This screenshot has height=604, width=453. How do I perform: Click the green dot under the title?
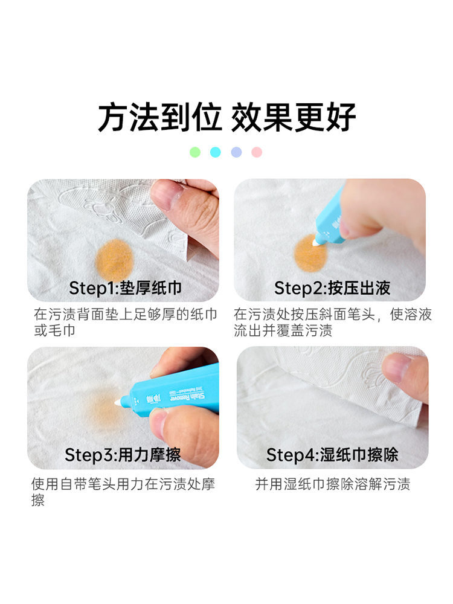point(195,152)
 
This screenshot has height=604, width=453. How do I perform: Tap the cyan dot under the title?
point(216,152)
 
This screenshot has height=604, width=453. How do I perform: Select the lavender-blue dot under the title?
point(237,152)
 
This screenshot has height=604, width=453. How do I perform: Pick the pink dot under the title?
point(257,152)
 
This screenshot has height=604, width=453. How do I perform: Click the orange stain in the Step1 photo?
point(114,260)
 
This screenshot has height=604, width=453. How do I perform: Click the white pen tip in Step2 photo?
point(318,242)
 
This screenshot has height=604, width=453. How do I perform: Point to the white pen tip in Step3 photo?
point(118,402)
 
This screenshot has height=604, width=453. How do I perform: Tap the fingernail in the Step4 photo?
point(396,368)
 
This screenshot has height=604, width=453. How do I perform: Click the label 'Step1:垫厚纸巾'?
point(125,288)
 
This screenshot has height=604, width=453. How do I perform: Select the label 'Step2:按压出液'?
point(332,288)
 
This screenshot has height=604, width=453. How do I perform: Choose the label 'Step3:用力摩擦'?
point(123,455)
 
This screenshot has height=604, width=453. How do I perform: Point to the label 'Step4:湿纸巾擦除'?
point(332,455)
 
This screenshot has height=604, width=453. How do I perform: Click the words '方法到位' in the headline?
point(160,117)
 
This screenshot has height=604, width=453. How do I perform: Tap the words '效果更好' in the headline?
point(293,117)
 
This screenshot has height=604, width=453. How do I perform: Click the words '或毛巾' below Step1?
point(54,330)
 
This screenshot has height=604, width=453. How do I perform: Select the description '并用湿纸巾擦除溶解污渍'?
point(332,484)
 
